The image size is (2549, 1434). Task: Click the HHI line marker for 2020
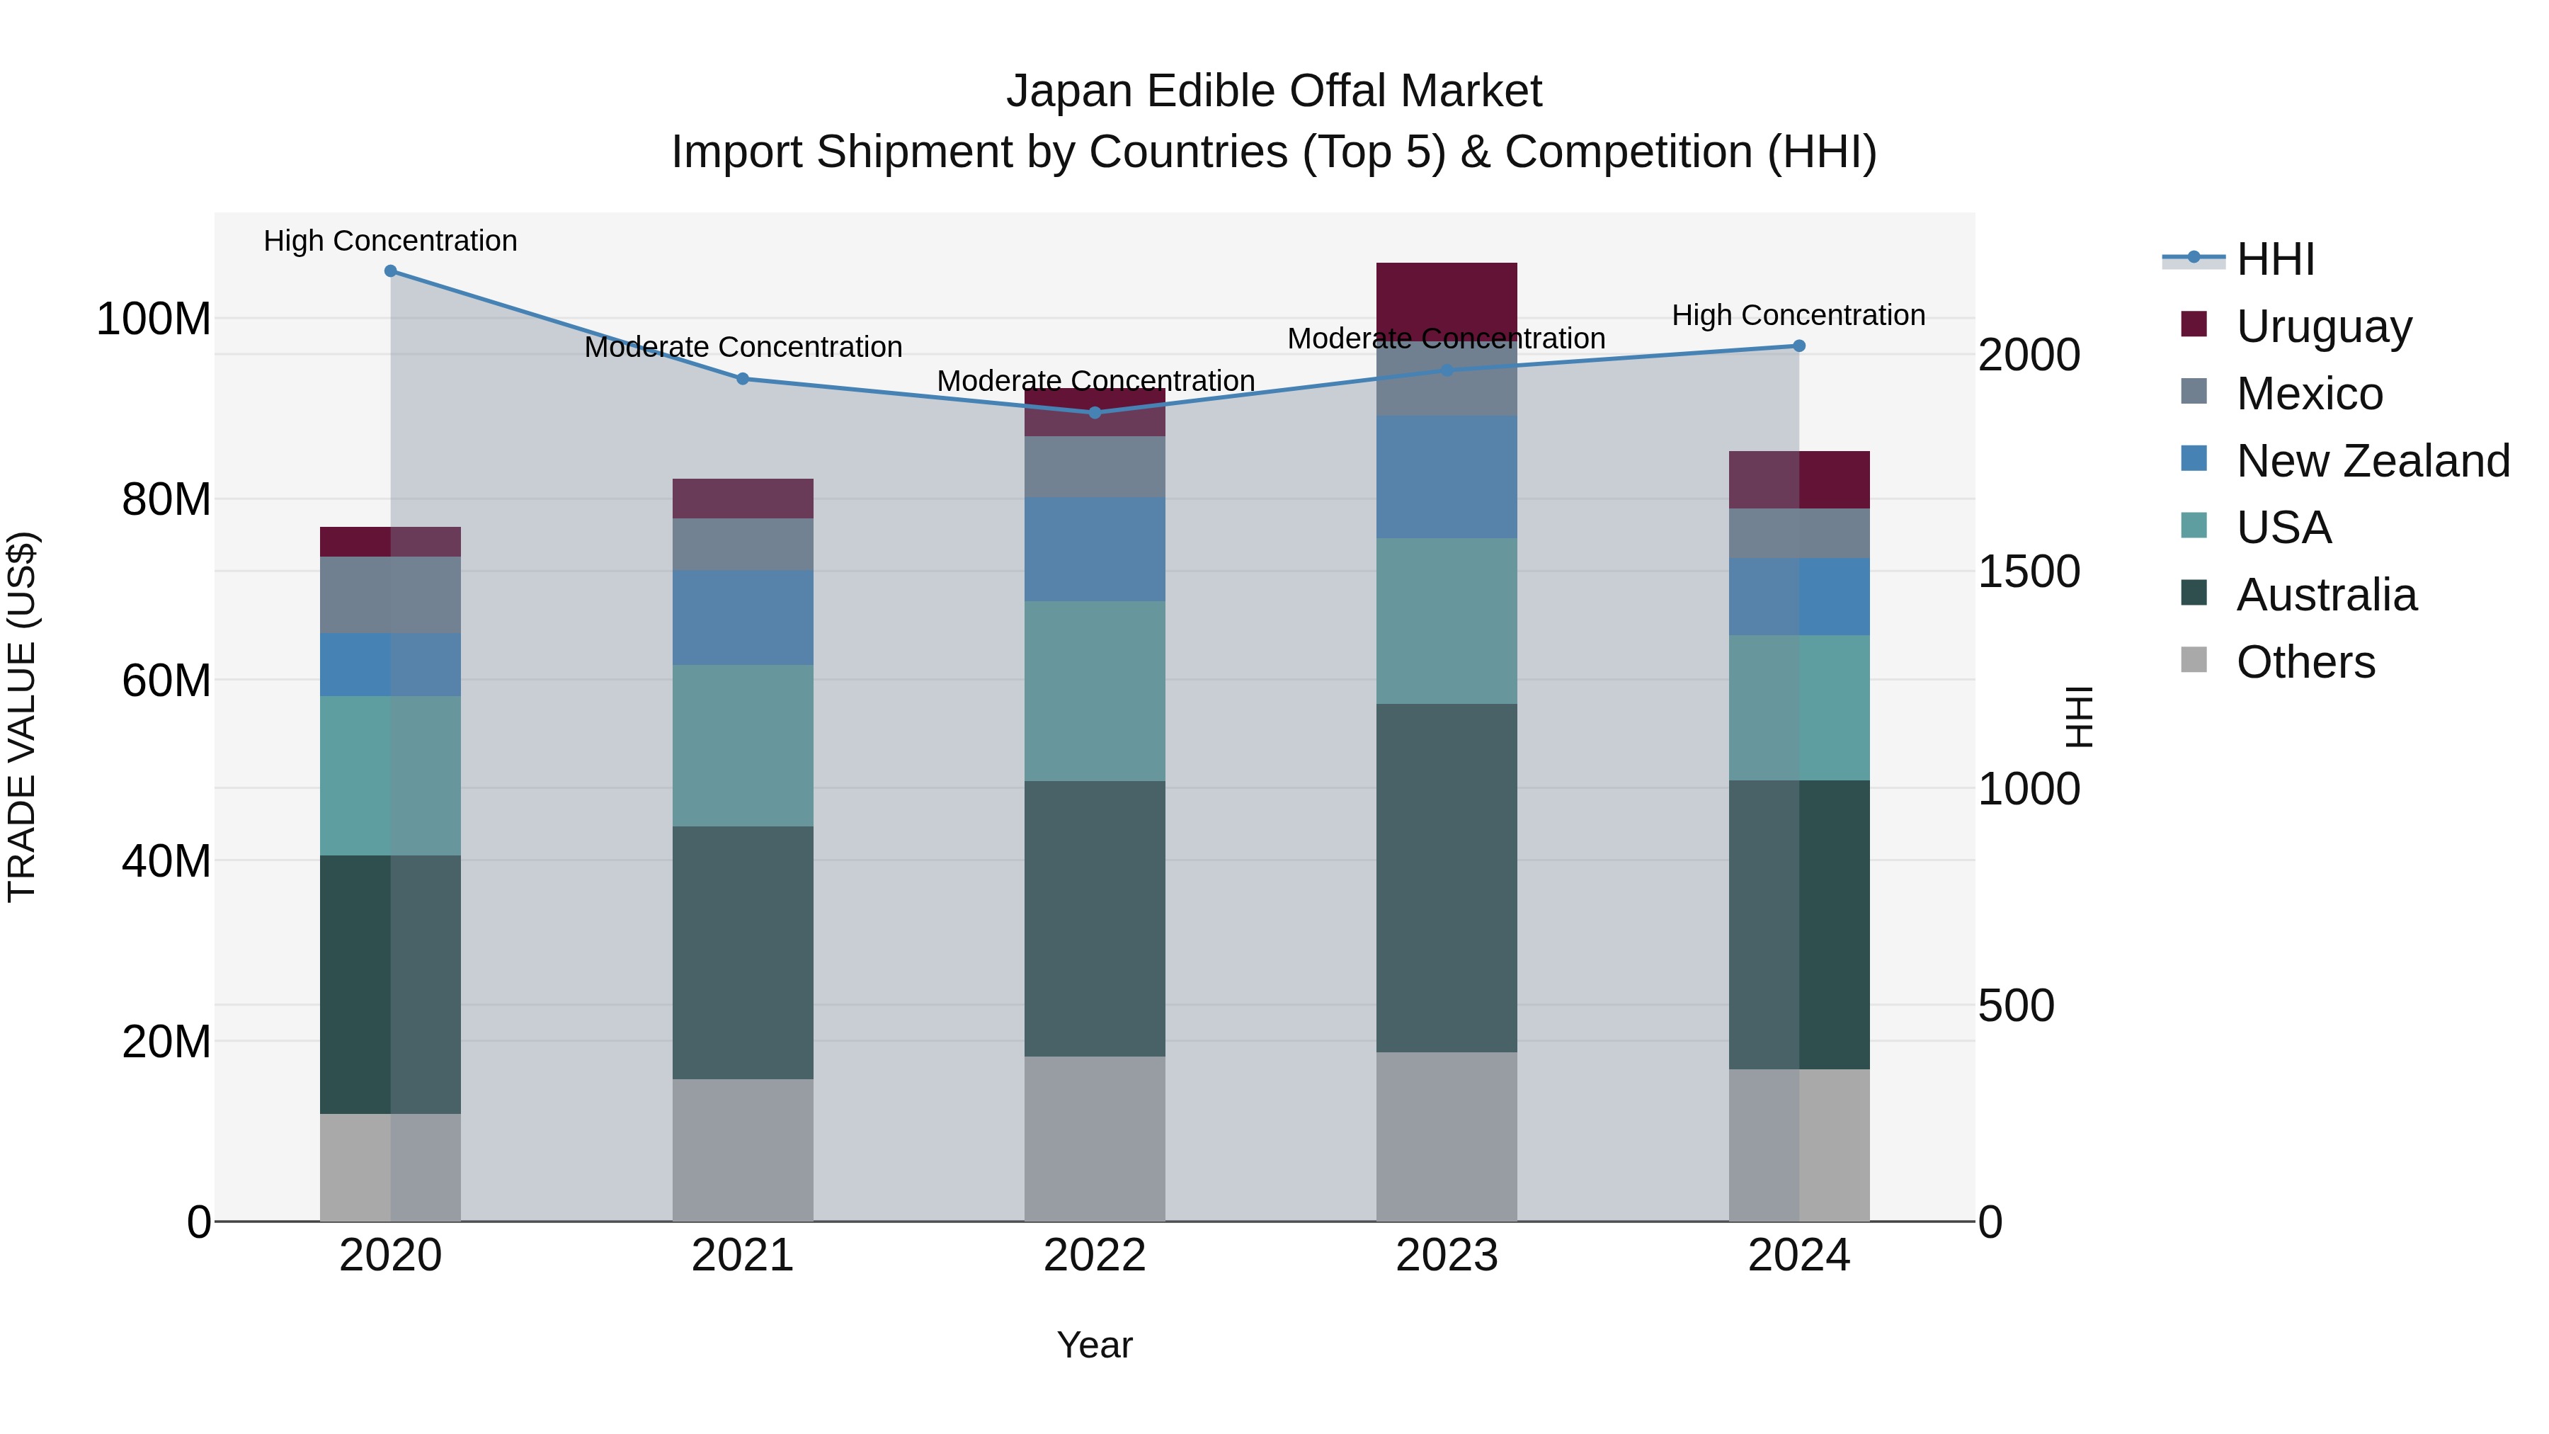click(x=390, y=271)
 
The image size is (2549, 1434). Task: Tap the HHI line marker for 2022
click(x=1095, y=413)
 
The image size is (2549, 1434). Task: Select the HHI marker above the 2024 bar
click(x=1799, y=346)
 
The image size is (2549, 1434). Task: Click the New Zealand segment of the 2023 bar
click(x=1446, y=477)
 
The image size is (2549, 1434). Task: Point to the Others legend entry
click(x=2305, y=662)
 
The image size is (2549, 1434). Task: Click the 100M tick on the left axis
click(x=154, y=319)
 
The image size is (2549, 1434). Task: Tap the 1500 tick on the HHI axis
click(x=2029, y=572)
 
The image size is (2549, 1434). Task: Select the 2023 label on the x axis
click(x=1446, y=1256)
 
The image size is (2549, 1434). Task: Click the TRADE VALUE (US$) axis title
click(x=22, y=717)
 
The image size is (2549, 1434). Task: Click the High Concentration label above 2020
click(x=390, y=241)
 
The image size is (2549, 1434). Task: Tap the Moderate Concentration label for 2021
click(x=743, y=348)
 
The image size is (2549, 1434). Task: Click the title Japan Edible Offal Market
click(x=1274, y=91)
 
